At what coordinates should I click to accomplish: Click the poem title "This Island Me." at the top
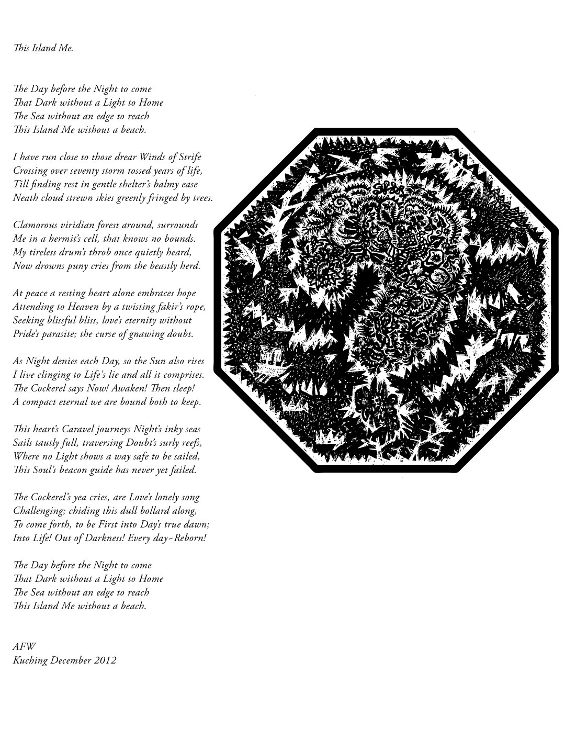(43, 48)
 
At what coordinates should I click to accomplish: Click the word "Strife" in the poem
(189, 157)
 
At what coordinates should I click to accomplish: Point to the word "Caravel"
(73, 429)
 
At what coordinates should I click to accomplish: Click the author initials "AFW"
(24, 647)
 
